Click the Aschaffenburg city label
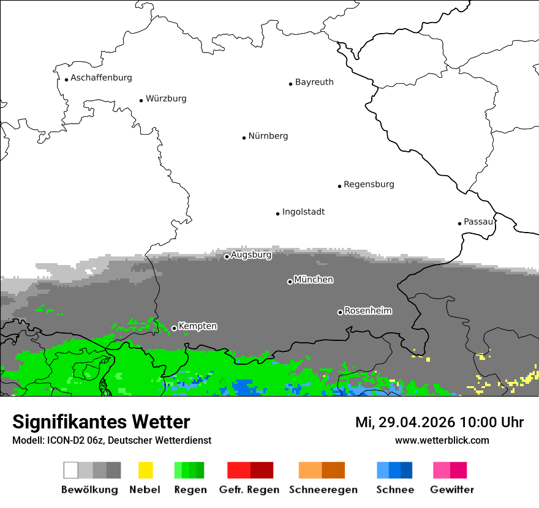[101, 78]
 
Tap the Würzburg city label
[166, 99]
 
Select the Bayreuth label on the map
[314, 82]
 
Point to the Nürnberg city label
[268, 136]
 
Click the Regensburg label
[369, 184]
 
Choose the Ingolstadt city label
[303, 212]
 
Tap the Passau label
[478, 222]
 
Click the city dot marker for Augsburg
[227, 256]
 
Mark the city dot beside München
[290, 282]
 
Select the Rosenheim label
[367, 311]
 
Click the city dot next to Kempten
[174, 328]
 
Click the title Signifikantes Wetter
[101, 422]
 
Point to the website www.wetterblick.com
[442, 441]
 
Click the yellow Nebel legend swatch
[145, 470]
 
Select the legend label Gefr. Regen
[249, 490]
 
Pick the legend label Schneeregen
[323, 490]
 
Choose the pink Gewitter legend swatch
[450, 470]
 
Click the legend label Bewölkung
[89, 490]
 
